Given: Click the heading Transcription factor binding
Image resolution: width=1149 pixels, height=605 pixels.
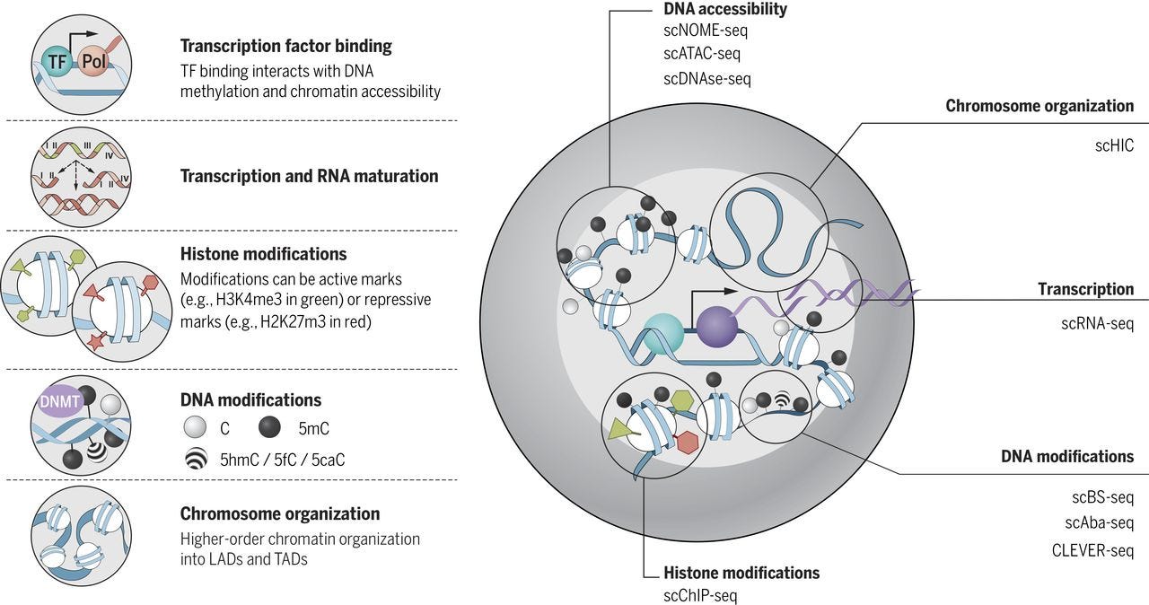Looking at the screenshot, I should click(x=285, y=46).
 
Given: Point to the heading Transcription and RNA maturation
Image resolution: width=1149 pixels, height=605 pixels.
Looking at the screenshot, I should click(x=309, y=176).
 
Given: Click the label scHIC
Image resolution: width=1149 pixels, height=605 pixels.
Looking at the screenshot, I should click(x=1114, y=144).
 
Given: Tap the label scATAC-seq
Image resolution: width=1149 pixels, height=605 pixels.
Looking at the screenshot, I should click(x=702, y=54).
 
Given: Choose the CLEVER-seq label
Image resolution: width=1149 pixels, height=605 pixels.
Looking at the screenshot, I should click(x=1092, y=550).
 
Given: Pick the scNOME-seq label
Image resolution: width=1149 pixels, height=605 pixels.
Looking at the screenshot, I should click(x=705, y=31).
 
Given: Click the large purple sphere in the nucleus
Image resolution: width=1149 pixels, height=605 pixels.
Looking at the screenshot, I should click(x=717, y=325).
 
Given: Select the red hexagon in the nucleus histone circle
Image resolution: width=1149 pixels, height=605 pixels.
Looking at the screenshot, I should click(x=688, y=441).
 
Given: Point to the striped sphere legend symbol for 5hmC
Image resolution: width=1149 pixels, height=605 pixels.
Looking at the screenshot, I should click(x=195, y=460).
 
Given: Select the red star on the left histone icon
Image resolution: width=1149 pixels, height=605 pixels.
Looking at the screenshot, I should click(x=96, y=340).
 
